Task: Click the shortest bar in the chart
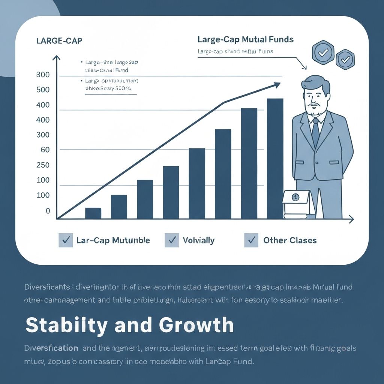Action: (x=93, y=213)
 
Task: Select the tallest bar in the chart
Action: (x=275, y=158)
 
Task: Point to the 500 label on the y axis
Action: (x=43, y=90)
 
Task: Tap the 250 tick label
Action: (x=43, y=165)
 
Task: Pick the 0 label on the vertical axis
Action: (x=48, y=211)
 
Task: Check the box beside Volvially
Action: (x=171, y=240)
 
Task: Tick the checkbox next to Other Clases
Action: (x=251, y=240)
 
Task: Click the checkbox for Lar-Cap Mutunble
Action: (x=66, y=240)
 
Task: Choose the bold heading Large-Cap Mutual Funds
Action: (x=245, y=39)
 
